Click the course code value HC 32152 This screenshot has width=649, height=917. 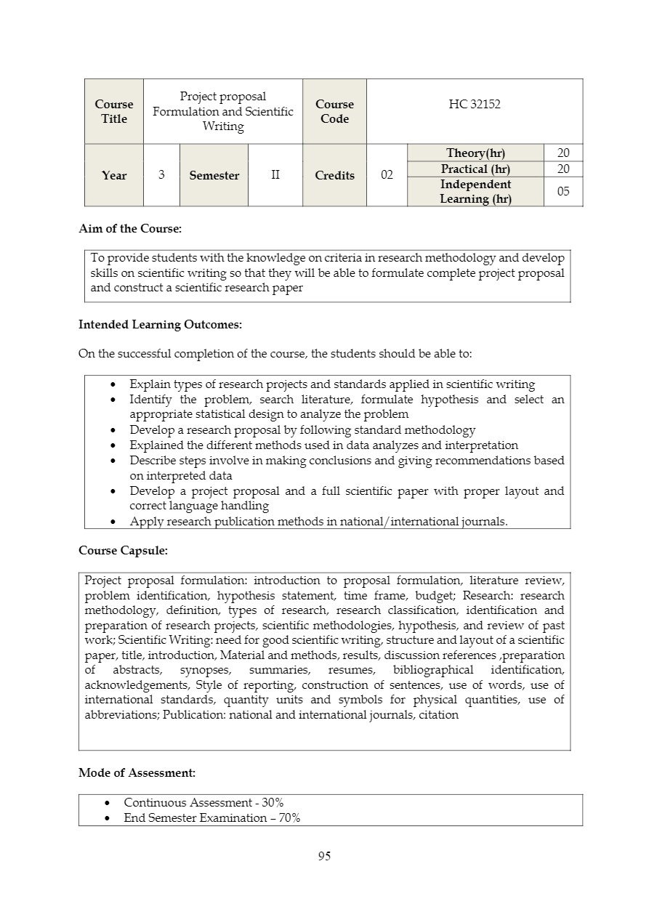tap(475, 105)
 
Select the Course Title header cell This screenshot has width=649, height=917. tap(114, 112)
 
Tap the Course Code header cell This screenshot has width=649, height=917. tap(334, 112)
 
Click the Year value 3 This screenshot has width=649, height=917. tap(161, 175)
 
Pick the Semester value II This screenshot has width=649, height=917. tap(275, 175)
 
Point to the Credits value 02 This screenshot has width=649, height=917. tap(387, 175)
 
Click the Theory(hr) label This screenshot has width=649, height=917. tap(475, 153)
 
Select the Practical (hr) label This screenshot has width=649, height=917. tap(475, 169)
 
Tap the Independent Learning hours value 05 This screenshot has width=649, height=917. tap(563, 192)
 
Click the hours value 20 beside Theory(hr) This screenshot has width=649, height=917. tap(563, 153)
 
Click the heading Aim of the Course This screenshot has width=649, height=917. tap(130, 229)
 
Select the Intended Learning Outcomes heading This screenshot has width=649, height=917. tap(160, 325)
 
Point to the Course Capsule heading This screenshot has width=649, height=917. tap(123, 551)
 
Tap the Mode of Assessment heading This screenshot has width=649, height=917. tap(137, 773)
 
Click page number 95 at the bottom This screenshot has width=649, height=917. tap(324, 857)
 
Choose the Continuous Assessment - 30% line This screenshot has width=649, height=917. tap(203, 803)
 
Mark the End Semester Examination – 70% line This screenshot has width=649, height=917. tap(212, 818)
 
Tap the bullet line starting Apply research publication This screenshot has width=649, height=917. tap(318, 521)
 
